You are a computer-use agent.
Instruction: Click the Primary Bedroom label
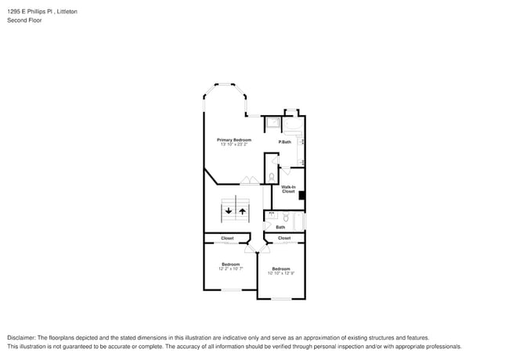tap(234, 139)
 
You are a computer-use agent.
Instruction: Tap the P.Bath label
tap(285, 142)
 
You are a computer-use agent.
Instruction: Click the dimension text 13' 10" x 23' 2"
tap(234, 144)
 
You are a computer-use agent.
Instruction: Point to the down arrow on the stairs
tap(229, 210)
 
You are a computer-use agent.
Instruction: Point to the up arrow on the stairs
tap(242, 210)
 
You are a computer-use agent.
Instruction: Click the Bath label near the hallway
tap(280, 227)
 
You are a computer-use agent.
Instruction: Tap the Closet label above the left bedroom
tap(227, 238)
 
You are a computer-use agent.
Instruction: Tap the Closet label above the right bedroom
tap(284, 238)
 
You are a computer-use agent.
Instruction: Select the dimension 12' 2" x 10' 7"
tap(230, 268)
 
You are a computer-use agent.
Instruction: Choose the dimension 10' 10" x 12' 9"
tap(281, 273)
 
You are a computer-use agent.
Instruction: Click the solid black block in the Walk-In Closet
tap(302, 196)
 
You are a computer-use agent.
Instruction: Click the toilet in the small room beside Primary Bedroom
tap(271, 177)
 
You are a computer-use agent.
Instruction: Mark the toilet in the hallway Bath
tap(286, 217)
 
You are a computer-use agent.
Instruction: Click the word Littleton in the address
tap(67, 12)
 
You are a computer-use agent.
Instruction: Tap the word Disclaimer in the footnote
tap(21, 337)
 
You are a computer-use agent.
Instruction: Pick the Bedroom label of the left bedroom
tap(230, 264)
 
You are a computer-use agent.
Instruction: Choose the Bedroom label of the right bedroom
tap(281, 268)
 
